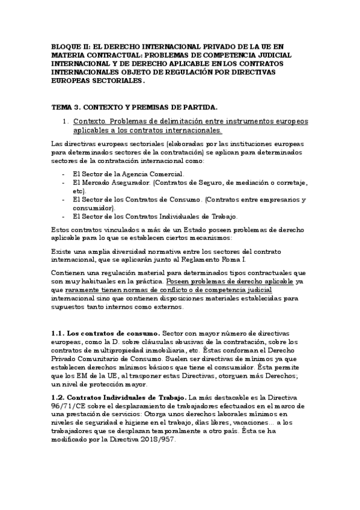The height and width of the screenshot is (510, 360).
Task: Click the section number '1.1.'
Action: click(x=58, y=333)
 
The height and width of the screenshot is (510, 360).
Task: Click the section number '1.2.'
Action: click(x=58, y=398)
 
